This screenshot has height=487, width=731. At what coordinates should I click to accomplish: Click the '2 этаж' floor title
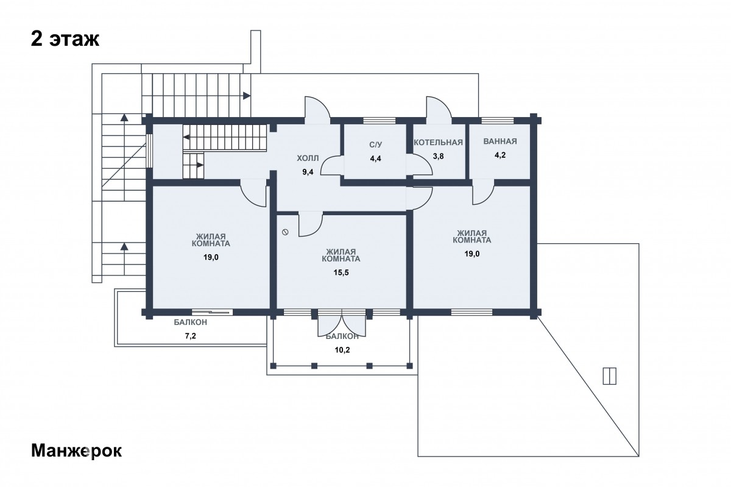point(65,40)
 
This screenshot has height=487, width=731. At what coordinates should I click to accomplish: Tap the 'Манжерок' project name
point(76,451)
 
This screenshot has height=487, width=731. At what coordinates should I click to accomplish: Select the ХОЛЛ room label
point(308,158)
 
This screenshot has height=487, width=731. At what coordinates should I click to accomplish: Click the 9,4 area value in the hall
point(308,172)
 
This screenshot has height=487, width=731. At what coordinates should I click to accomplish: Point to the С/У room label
point(375,144)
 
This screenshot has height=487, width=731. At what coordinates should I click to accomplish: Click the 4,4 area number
point(375,158)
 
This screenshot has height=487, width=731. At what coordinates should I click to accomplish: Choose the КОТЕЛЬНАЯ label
point(438,143)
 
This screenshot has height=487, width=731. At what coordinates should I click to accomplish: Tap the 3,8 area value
point(438,156)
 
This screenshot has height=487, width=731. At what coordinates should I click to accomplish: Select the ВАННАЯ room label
point(500,141)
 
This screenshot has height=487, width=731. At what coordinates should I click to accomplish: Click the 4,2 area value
point(500,155)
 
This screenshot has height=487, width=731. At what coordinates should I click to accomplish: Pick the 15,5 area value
point(341,272)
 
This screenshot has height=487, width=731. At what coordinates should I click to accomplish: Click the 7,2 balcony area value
point(191,336)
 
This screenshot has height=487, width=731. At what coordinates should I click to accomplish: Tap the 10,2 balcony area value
point(342,350)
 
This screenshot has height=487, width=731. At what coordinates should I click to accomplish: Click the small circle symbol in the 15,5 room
point(285,232)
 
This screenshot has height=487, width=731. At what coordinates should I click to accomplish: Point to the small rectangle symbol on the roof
point(609,376)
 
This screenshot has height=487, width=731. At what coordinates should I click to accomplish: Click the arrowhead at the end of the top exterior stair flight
point(247,96)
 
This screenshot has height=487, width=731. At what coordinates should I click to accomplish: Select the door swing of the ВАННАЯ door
point(483,192)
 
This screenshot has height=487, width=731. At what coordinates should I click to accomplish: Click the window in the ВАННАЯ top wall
point(498,121)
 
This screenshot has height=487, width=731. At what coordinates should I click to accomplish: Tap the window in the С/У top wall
point(379,121)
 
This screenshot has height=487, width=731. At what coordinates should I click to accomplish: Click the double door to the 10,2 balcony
point(342,324)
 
